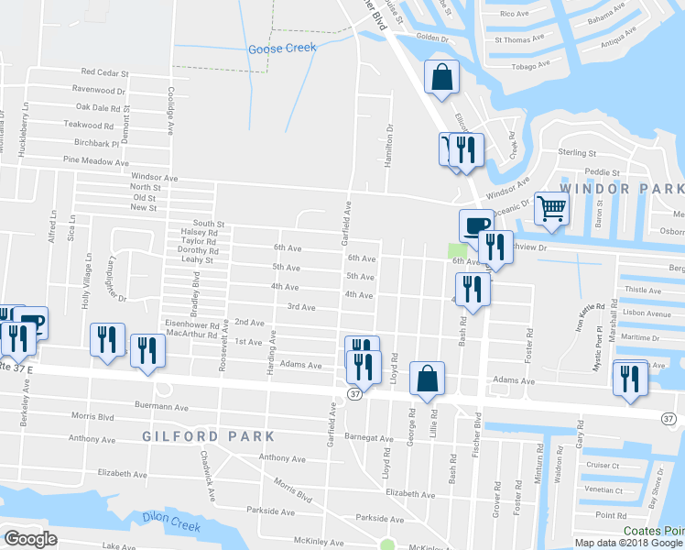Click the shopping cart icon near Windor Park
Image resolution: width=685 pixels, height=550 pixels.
[x=550, y=208]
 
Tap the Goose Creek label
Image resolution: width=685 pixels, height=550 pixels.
[x=282, y=49]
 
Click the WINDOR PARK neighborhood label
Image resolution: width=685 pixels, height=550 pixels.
[x=621, y=188]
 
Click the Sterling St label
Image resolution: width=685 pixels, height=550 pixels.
[x=578, y=154]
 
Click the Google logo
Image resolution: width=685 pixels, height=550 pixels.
[x=31, y=539]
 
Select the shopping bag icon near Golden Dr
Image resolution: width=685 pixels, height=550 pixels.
[x=441, y=79]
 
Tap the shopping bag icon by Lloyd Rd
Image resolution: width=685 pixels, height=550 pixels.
[x=427, y=379]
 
